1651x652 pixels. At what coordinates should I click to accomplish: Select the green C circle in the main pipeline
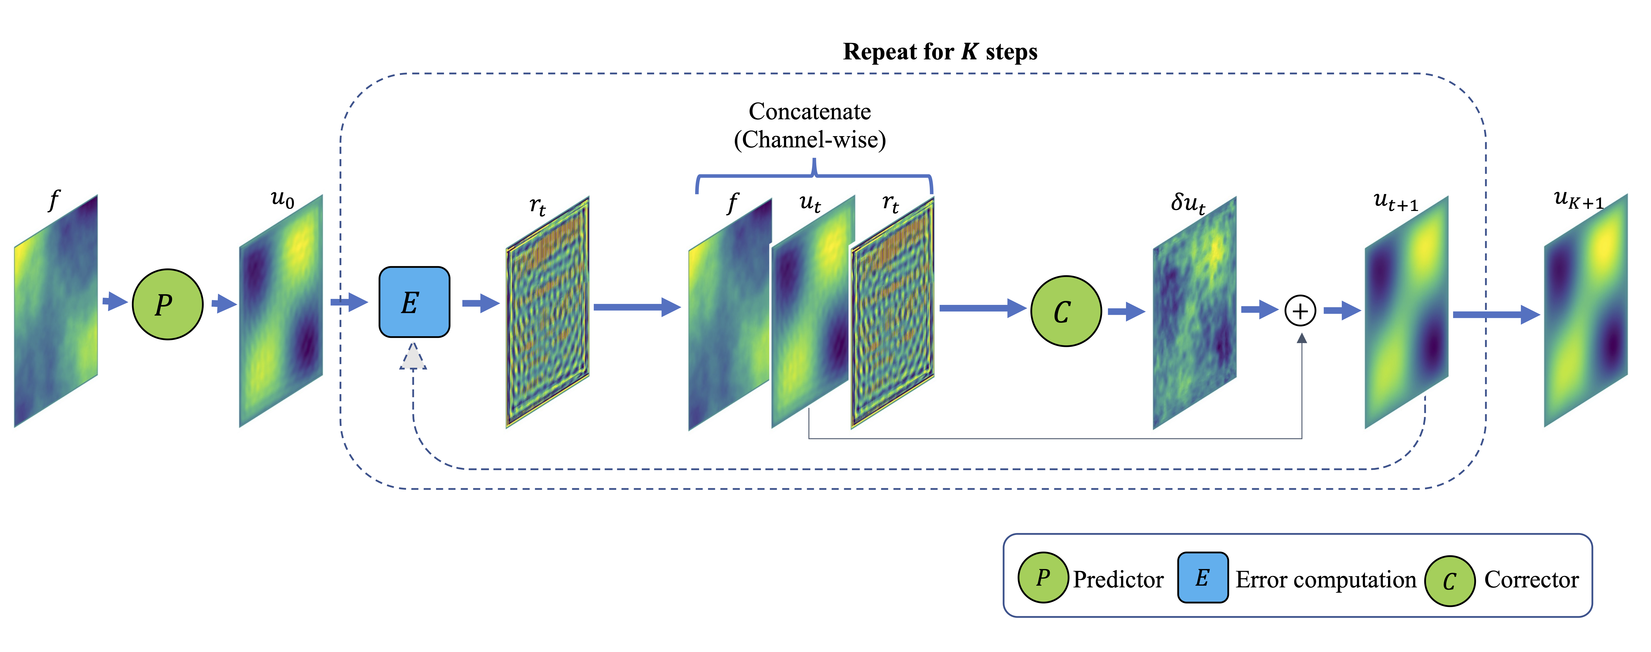pos(1066,311)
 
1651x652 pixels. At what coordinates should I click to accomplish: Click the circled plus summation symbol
pos(1300,311)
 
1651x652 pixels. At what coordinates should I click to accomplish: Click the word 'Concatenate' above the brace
pos(809,112)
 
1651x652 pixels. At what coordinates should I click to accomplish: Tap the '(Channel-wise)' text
pos(809,139)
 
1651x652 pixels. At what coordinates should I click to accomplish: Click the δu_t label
pos(1188,203)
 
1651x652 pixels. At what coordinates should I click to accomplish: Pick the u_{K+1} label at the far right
pos(1578,199)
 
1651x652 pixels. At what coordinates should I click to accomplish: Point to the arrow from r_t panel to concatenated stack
pos(637,307)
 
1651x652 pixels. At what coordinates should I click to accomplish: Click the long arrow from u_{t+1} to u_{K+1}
pos(1496,314)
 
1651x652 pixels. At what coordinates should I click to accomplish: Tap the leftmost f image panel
pos(56,311)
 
